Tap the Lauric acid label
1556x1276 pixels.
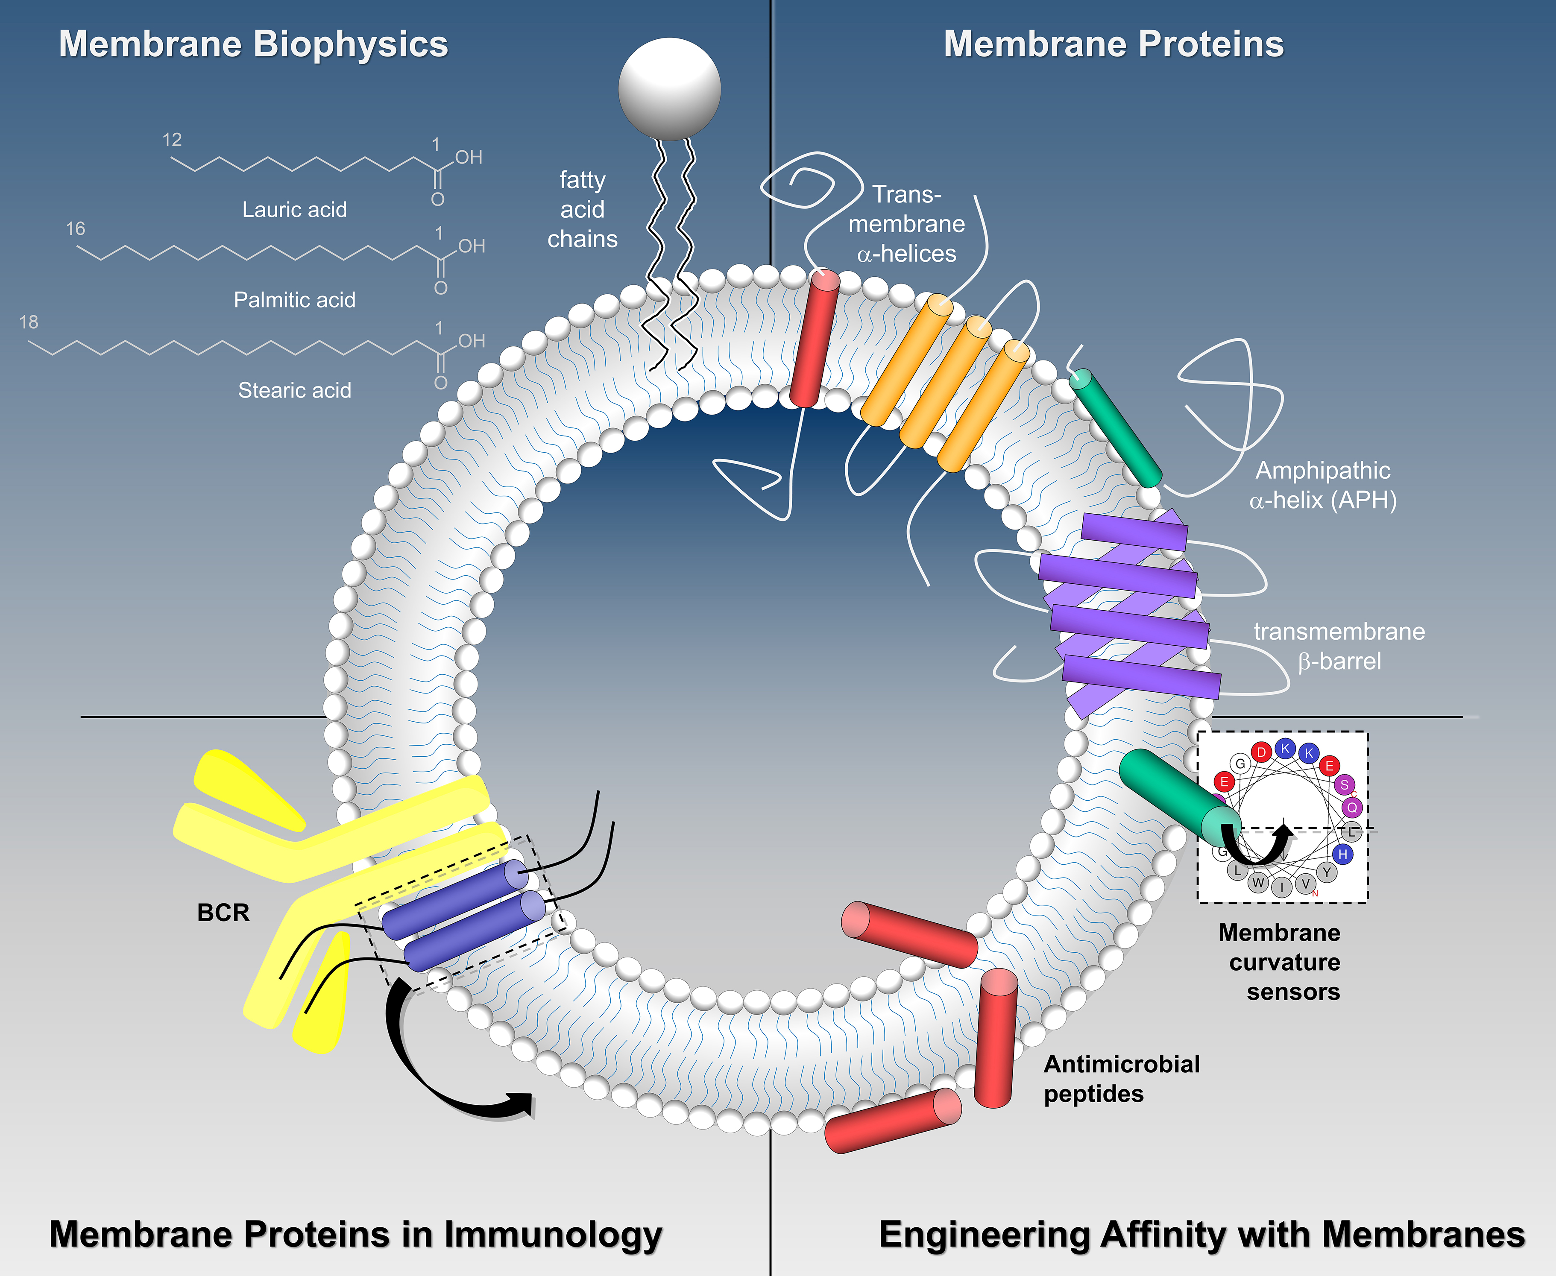pyautogui.click(x=294, y=210)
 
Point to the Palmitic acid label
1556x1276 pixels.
pyautogui.click(x=294, y=300)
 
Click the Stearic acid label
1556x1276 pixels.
pyautogui.click(x=294, y=390)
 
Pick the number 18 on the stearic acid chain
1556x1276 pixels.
pyautogui.click(x=29, y=322)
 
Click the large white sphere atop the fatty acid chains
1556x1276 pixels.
pyautogui.click(x=669, y=89)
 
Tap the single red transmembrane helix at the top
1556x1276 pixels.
pyautogui.click(x=815, y=338)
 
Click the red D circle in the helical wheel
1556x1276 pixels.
pyautogui.click(x=1261, y=752)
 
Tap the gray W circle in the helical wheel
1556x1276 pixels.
pyautogui.click(x=1258, y=882)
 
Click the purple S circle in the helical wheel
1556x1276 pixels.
pyautogui.click(x=1344, y=784)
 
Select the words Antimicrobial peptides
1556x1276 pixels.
pyautogui.click(x=1121, y=1079)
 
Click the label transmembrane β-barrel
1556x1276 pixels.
pyautogui.click(x=1339, y=646)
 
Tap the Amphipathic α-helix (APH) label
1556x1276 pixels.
pyautogui.click(x=1322, y=485)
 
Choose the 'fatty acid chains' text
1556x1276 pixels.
pyautogui.click(x=582, y=210)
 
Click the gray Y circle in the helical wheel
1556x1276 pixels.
pyautogui.click(x=1327, y=872)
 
